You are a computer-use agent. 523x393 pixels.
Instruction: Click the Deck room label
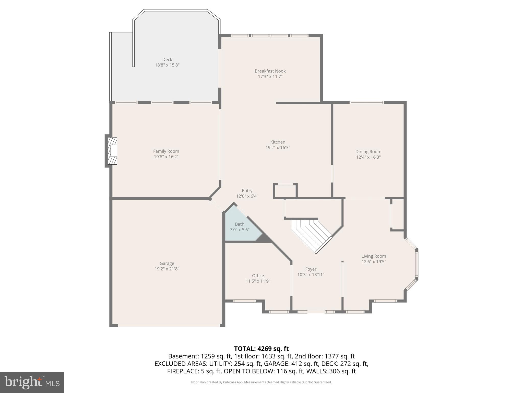click(x=167, y=59)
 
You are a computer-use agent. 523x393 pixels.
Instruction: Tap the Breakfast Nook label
click(x=270, y=71)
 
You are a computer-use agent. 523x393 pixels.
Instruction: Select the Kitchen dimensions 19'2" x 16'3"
click(x=278, y=147)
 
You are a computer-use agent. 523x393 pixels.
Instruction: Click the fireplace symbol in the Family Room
click(x=112, y=151)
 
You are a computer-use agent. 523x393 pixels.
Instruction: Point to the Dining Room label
click(x=368, y=151)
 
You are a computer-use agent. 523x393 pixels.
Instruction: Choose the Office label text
click(x=258, y=276)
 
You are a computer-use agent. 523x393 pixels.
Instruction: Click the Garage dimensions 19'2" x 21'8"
click(x=167, y=269)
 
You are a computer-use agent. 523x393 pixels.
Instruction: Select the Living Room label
click(x=374, y=256)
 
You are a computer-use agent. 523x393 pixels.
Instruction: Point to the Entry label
click(x=247, y=191)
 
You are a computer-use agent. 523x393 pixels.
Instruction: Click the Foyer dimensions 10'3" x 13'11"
click(x=311, y=275)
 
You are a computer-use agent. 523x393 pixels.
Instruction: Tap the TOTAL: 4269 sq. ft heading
click(x=261, y=348)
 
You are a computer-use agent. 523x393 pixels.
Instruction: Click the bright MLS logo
click(x=32, y=382)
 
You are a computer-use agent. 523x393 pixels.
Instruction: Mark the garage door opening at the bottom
click(x=169, y=325)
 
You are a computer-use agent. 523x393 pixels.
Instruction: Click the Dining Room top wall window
click(x=366, y=103)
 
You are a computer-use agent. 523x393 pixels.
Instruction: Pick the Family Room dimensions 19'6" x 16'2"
click(x=166, y=157)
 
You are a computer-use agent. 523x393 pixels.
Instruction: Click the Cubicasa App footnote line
click(x=261, y=382)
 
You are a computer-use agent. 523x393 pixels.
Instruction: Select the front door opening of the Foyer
click(x=316, y=312)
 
